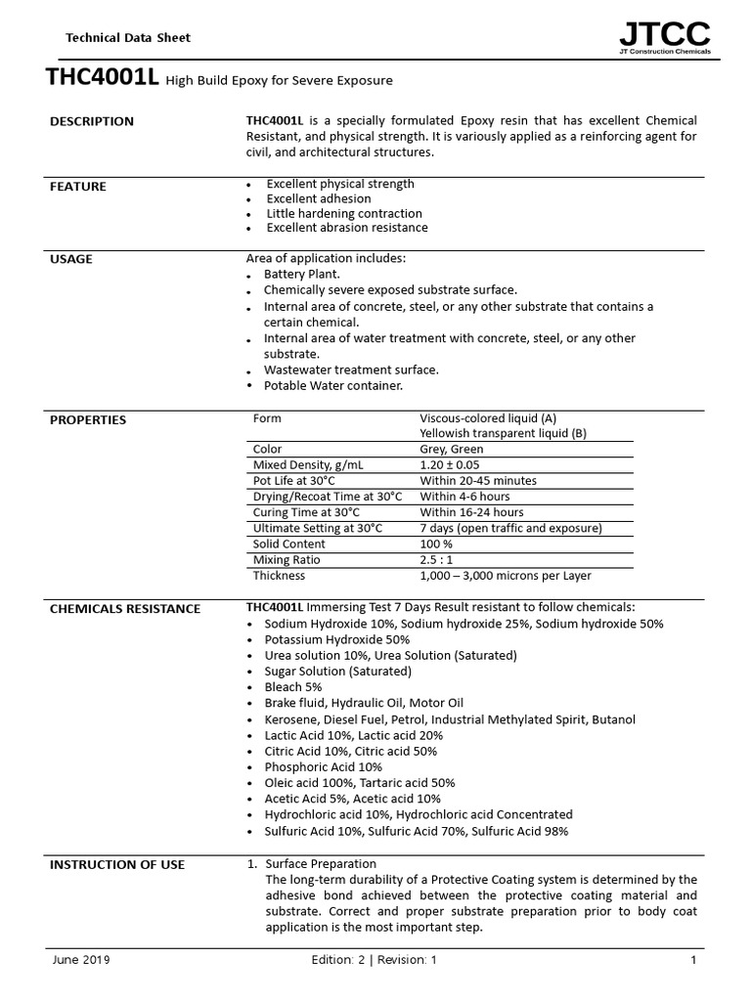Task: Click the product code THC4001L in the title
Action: coord(102,79)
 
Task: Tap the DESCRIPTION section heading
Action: coord(91,122)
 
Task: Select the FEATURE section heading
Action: coord(78,187)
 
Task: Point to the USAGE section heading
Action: coord(71,259)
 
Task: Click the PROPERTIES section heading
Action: coord(88,420)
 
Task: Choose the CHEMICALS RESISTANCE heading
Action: coord(125,609)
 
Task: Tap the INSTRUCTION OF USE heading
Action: coord(117,865)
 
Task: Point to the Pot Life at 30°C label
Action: coord(294,481)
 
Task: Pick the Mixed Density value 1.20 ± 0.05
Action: coord(450,465)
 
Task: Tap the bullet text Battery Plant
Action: coord(302,275)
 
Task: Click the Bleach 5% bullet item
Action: coord(293,687)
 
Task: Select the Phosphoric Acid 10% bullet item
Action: coord(323,767)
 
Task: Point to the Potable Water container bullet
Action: coord(320,386)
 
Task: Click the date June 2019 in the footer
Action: coord(81,960)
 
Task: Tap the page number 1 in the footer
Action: coord(693,960)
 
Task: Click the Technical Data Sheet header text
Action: coord(127,38)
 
